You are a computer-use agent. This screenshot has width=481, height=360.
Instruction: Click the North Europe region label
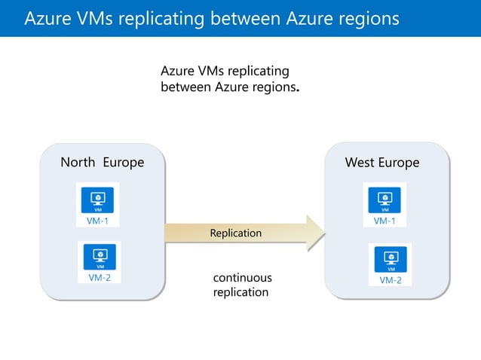pos(102,163)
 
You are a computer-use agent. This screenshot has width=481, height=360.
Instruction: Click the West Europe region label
pos(381,163)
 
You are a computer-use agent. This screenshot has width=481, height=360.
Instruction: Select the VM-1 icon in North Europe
pos(97,200)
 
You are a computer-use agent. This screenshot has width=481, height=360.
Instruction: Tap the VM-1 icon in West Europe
pos(385,200)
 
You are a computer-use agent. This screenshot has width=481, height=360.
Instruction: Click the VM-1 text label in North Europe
pos(97,221)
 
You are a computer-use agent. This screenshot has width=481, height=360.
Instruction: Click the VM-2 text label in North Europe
pos(100,277)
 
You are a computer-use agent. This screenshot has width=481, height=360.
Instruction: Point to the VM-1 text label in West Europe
pos(385,221)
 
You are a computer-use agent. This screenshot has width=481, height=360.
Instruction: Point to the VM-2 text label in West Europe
pos(390,280)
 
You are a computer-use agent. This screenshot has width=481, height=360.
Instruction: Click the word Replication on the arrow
pos(235,233)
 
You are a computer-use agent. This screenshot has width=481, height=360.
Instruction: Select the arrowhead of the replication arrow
pos(314,233)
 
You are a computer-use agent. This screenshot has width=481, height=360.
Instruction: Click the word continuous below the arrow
pos(242,278)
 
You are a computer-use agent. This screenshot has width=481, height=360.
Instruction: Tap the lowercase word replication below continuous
pos(240,292)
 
